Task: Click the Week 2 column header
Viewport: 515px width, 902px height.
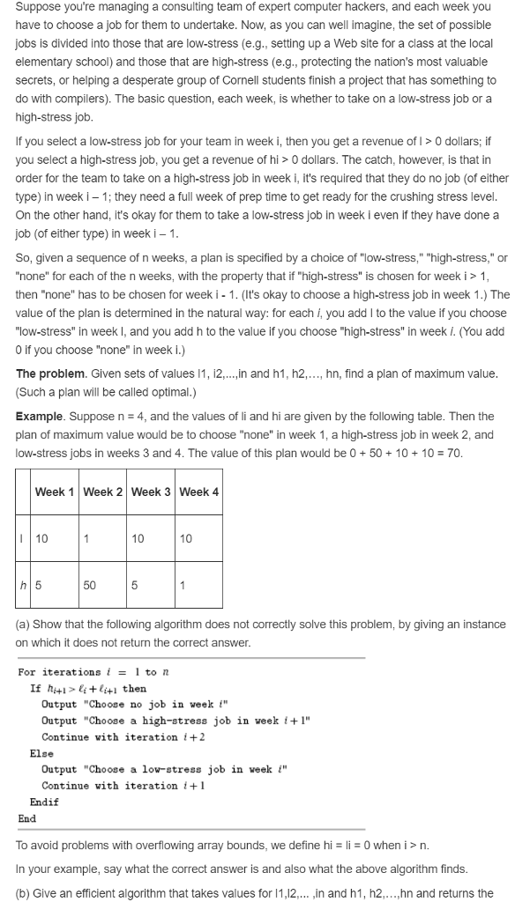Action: [x=103, y=492]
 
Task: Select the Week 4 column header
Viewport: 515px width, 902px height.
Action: [x=198, y=492]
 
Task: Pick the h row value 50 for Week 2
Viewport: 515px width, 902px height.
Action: [x=90, y=586]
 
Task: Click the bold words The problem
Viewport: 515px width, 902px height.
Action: [x=50, y=373]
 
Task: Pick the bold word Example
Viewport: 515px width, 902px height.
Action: [x=39, y=415]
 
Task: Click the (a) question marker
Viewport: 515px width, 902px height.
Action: [x=25, y=625]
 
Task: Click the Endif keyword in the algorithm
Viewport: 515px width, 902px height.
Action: [x=44, y=802]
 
